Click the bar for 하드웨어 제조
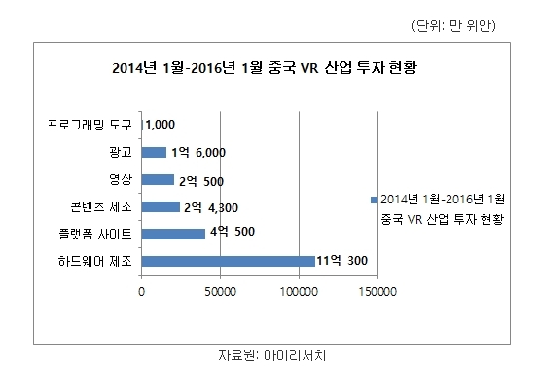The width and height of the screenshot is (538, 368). pyautogui.click(x=229, y=261)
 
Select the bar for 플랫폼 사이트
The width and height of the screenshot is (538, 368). pyautogui.click(x=173, y=234)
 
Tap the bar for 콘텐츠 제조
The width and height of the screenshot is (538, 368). pyautogui.click(x=161, y=207)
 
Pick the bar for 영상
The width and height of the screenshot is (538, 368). pyautogui.click(x=158, y=179)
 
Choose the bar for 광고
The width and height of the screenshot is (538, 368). pyautogui.click(x=154, y=153)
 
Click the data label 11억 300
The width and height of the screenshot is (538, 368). pyautogui.click(x=341, y=261)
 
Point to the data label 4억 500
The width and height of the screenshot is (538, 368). pyautogui.click(x=233, y=232)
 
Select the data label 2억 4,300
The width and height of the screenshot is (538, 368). pyautogui.click(x=211, y=207)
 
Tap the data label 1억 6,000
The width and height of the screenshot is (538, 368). pyautogui.click(x=198, y=153)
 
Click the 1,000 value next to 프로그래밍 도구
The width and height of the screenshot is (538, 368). pyautogui.click(x=160, y=125)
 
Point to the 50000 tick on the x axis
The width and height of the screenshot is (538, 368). pyautogui.click(x=220, y=292)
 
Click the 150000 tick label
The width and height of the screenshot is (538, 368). pyautogui.click(x=377, y=292)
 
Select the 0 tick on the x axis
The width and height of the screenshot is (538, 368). pyautogui.click(x=141, y=292)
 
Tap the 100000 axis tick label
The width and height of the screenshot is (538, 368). pyautogui.click(x=299, y=292)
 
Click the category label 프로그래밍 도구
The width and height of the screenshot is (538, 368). pyautogui.click(x=90, y=125)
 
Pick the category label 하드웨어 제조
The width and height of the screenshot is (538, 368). pyautogui.click(x=95, y=261)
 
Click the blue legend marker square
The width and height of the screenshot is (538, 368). pyautogui.click(x=374, y=200)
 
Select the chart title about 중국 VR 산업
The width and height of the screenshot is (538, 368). pyautogui.click(x=265, y=67)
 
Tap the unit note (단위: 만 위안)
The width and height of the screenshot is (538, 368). pyautogui.click(x=453, y=25)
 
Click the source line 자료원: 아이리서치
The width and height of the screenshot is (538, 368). pyautogui.click(x=271, y=355)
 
